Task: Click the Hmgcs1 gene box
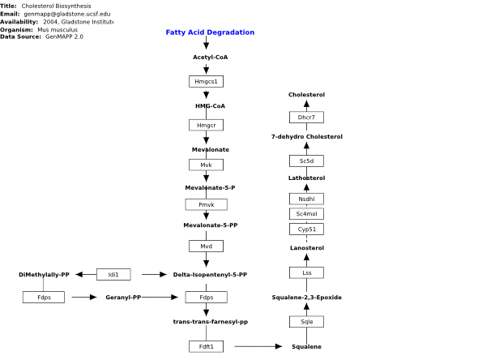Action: tap(206, 81)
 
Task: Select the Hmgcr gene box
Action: tap(206, 125)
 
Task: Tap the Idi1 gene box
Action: tap(113, 274)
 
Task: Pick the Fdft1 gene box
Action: tap(206, 346)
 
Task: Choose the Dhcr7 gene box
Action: tap(306, 118)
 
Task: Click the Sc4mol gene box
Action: tap(306, 214)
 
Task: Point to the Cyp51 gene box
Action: tap(306, 229)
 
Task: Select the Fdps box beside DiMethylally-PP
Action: tap(44, 297)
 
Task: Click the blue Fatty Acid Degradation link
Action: tap(210, 32)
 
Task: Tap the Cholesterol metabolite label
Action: tap(306, 95)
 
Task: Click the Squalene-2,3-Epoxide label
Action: tap(306, 298)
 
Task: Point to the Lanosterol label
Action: tap(307, 248)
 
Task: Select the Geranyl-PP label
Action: tap(123, 298)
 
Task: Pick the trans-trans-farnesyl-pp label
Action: tap(211, 322)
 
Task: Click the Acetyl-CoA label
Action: tap(211, 58)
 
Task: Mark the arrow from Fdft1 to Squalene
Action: tap(258, 346)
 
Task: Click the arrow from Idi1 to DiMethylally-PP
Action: tap(86, 274)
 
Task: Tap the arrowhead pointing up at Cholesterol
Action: tap(306, 104)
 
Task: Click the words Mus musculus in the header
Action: tap(58, 30)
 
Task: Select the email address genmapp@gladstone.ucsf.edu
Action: tap(67, 14)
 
